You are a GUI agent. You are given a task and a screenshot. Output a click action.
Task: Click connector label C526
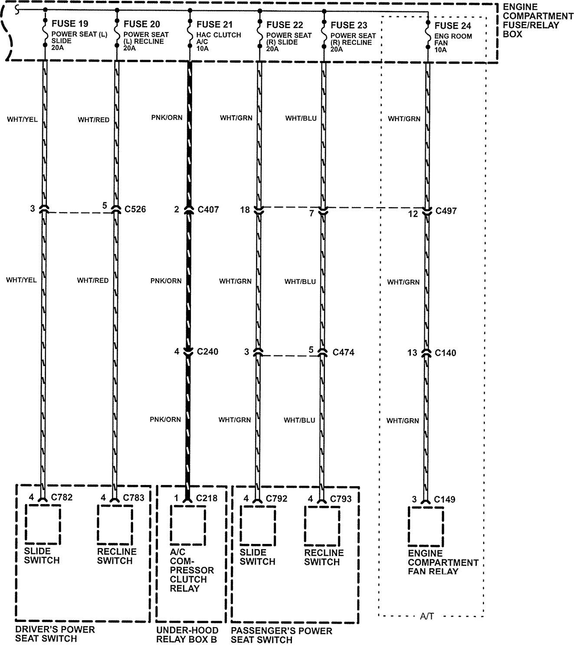135,210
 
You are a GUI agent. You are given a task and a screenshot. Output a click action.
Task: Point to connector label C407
208,210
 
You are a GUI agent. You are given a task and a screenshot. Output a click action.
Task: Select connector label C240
207,351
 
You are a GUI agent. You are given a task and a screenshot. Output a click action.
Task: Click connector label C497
446,211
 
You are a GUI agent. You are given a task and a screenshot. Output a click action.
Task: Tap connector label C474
343,352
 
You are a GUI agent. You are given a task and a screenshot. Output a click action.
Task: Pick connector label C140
445,353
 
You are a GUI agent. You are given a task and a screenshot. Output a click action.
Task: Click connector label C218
207,498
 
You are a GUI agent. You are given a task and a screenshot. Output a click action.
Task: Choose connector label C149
445,499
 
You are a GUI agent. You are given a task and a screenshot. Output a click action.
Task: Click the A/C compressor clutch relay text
185,570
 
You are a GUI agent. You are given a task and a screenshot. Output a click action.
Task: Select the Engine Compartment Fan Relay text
443,562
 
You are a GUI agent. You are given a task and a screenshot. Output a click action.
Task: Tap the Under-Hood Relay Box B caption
187,634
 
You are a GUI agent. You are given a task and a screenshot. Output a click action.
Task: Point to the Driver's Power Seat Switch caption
55,634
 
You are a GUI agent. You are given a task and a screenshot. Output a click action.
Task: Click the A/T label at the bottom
426,616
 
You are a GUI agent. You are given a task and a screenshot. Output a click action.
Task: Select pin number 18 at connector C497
245,210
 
